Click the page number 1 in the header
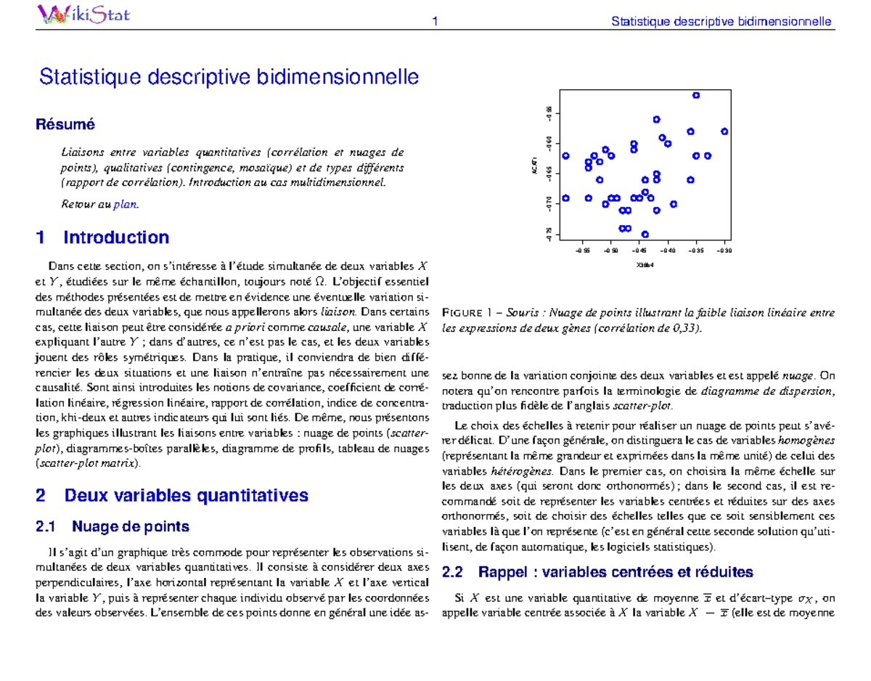click(x=435, y=21)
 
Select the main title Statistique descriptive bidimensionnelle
click(x=229, y=76)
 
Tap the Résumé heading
click(x=65, y=124)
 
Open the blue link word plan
click(x=125, y=205)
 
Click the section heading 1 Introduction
click(x=102, y=237)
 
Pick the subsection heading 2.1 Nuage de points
click(x=113, y=526)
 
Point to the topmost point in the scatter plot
click(x=696, y=95)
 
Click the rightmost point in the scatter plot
click(x=724, y=131)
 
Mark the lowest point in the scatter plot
click(x=645, y=234)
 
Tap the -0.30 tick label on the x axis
click(x=723, y=251)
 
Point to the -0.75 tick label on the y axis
click(x=550, y=235)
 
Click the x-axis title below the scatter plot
click(x=645, y=264)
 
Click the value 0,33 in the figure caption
click(x=689, y=328)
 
